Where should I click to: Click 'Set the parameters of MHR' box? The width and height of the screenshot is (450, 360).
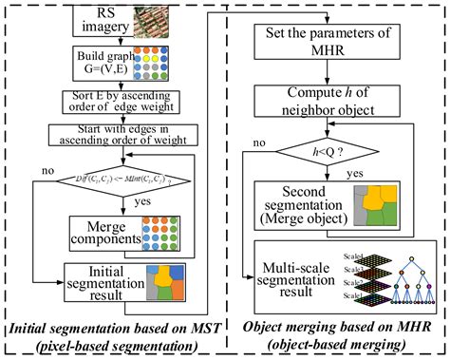tap(334, 44)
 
